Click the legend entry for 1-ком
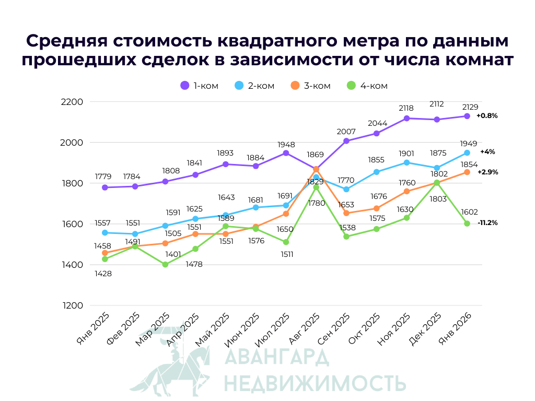click(199, 86)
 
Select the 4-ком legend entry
click(367, 86)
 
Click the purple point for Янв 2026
click(467, 116)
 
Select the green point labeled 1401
click(165, 264)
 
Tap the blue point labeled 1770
click(346, 189)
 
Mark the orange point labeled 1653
click(346, 213)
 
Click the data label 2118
click(406, 108)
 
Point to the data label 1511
click(286, 254)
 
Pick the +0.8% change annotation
click(487, 116)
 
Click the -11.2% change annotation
click(487, 222)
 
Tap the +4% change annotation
click(487, 152)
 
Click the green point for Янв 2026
click(467, 223)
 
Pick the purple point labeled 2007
click(346, 141)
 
